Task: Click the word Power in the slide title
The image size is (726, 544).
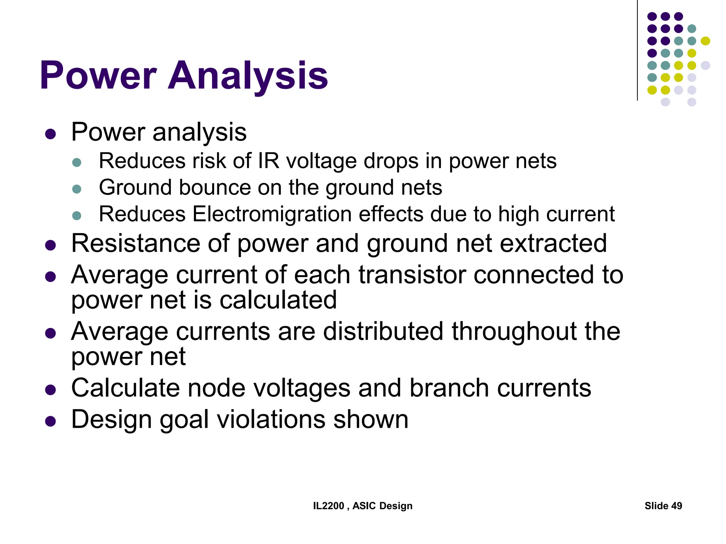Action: pyautogui.click(x=98, y=75)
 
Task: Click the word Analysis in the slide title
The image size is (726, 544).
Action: pyautogui.click(x=248, y=75)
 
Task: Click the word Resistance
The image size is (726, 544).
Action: pyautogui.click(x=136, y=243)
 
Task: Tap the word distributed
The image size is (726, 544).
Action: pyautogui.click(x=383, y=331)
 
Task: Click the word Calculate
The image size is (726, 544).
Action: pyautogui.click(x=125, y=388)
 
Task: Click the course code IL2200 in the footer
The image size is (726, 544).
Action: pyautogui.click(x=328, y=506)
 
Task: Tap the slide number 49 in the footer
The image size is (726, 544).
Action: pyautogui.click(x=676, y=506)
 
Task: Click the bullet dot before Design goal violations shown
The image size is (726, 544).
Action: pyautogui.click(x=51, y=421)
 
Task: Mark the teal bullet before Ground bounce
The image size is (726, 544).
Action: pyautogui.click(x=77, y=189)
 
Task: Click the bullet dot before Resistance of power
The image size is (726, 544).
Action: pyautogui.click(x=51, y=245)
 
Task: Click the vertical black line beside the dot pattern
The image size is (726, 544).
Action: pyautogui.click(x=637, y=50)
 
